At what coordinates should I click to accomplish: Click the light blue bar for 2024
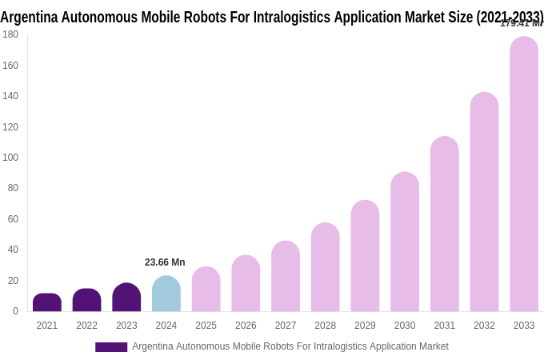pos(166,294)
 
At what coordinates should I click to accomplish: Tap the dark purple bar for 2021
pos(47,302)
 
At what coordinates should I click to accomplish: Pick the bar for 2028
pos(325,267)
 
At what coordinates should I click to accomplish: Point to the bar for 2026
pos(246,283)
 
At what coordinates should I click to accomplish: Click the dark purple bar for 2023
pos(126,298)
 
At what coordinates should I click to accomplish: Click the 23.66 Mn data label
pos(165,262)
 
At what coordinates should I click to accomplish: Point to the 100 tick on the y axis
pos(10,158)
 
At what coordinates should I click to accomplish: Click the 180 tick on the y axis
pos(10,34)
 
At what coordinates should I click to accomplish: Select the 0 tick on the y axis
pos(15,311)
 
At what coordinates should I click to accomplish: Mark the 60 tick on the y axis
pos(12,219)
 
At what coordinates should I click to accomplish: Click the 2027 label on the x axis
pos(286,326)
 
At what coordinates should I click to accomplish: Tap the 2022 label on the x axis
pos(86,326)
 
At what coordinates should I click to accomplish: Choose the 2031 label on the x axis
pos(445,326)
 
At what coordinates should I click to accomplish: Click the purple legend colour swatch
pos(111,347)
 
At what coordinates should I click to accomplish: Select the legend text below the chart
pos(290,346)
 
